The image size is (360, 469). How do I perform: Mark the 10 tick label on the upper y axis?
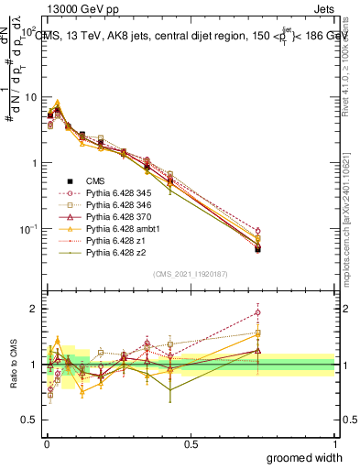tap(28, 97)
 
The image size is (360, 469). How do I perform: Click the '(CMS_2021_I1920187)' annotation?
tap(191, 275)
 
